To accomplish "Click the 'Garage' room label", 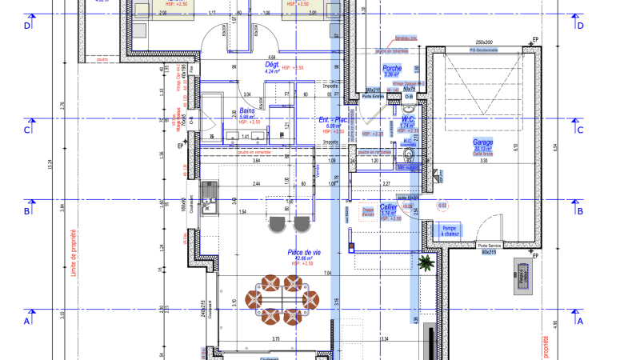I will [x=482, y=142].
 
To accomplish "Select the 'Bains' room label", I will [x=248, y=111].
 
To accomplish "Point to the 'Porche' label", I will [x=392, y=69].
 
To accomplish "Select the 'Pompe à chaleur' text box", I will [x=449, y=230].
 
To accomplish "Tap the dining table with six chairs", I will [x=282, y=299].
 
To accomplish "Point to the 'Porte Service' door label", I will [x=490, y=246].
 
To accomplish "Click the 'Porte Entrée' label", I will [x=373, y=97].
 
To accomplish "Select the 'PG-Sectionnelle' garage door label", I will [x=482, y=50].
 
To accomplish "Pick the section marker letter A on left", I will [x=28, y=321].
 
